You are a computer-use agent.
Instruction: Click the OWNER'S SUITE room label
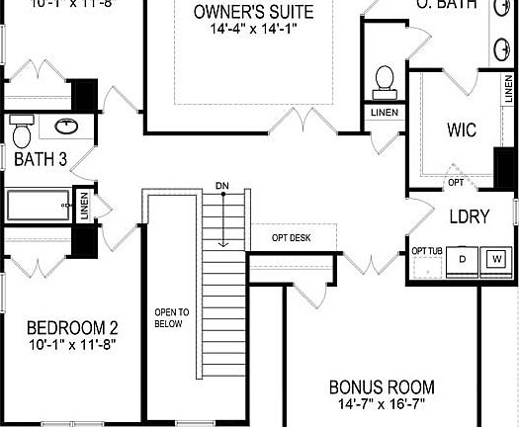[x=255, y=13]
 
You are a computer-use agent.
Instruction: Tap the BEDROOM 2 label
[x=72, y=328]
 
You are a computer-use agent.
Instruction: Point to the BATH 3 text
[x=41, y=160]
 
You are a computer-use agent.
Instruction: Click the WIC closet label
[x=462, y=129]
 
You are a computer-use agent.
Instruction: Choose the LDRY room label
[x=470, y=217]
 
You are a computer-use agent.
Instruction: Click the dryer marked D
[x=461, y=259]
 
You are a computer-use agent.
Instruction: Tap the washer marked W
[x=496, y=259]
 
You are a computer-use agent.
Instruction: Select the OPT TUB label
[x=426, y=251]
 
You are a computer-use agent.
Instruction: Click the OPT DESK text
[x=292, y=238]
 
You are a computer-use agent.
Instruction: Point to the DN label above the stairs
[x=222, y=186]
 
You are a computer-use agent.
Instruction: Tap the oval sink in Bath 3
[x=66, y=127]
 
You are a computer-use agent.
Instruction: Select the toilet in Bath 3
[x=22, y=128]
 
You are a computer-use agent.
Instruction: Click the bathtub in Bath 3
[x=37, y=205]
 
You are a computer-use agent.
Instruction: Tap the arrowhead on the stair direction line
[x=224, y=243]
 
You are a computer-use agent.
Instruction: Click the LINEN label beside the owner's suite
[x=385, y=112]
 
